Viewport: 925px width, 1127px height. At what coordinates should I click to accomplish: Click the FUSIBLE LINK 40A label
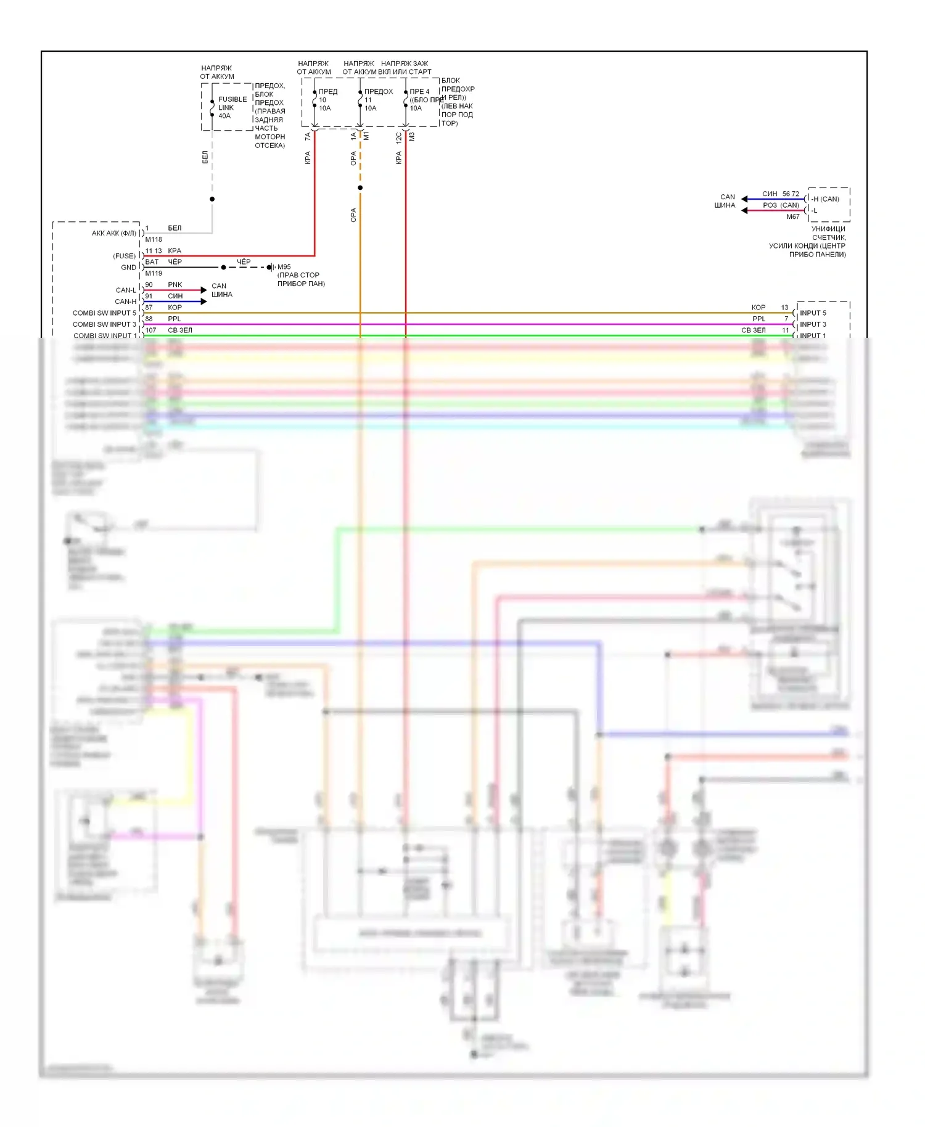click(232, 107)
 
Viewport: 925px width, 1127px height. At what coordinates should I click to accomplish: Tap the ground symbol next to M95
click(271, 268)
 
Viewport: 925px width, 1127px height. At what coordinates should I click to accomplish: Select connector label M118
click(154, 240)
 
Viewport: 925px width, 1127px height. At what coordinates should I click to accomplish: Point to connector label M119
click(154, 274)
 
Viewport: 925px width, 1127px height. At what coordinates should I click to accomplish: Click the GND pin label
click(128, 268)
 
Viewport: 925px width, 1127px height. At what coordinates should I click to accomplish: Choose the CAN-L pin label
click(126, 290)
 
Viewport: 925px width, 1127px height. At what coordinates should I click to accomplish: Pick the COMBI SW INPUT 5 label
click(104, 313)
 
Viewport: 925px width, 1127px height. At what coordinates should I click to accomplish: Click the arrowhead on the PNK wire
click(203, 290)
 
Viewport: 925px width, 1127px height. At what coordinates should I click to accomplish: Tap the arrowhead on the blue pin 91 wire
click(203, 301)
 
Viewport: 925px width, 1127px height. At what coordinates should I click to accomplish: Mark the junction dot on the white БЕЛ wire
click(212, 199)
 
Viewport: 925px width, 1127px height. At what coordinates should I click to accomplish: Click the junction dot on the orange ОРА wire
click(360, 187)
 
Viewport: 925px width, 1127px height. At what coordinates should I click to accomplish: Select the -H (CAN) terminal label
click(825, 199)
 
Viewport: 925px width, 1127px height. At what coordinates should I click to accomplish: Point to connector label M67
click(792, 217)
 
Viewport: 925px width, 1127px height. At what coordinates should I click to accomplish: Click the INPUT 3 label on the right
click(813, 324)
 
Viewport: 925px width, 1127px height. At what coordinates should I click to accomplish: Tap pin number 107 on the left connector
click(150, 330)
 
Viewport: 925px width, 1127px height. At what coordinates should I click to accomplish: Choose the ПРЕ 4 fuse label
click(419, 92)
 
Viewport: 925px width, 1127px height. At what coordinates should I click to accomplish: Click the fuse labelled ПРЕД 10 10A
click(314, 100)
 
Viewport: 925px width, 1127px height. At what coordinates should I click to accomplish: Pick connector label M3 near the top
click(412, 136)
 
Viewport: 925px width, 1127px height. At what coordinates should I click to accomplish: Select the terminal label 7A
click(308, 136)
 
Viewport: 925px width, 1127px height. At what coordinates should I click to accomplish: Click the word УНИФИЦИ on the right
click(828, 229)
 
